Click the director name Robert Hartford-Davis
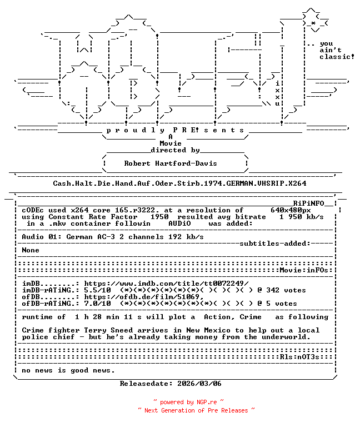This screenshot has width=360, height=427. (170, 163)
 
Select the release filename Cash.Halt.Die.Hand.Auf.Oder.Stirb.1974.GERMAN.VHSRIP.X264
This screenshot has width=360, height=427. (179, 183)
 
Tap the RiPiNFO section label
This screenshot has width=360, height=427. (312, 203)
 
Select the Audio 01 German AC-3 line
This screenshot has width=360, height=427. (113, 237)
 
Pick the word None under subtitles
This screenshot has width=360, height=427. (31, 250)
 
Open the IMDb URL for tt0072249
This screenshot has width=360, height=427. (166, 284)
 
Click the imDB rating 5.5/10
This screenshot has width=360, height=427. (97, 290)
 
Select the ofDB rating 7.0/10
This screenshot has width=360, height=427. (97, 304)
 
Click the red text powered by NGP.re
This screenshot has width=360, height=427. (188, 402)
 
